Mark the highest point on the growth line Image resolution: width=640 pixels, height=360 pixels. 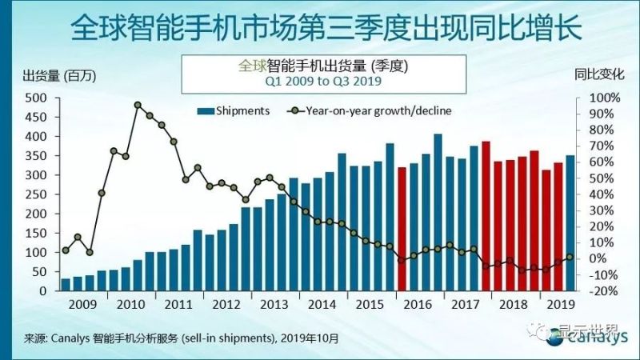(138, 105)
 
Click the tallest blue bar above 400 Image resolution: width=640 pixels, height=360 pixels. (438, 212)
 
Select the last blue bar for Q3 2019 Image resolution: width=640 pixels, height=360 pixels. (570, 223)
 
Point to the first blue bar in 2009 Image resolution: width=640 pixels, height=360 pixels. (66, 284)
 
